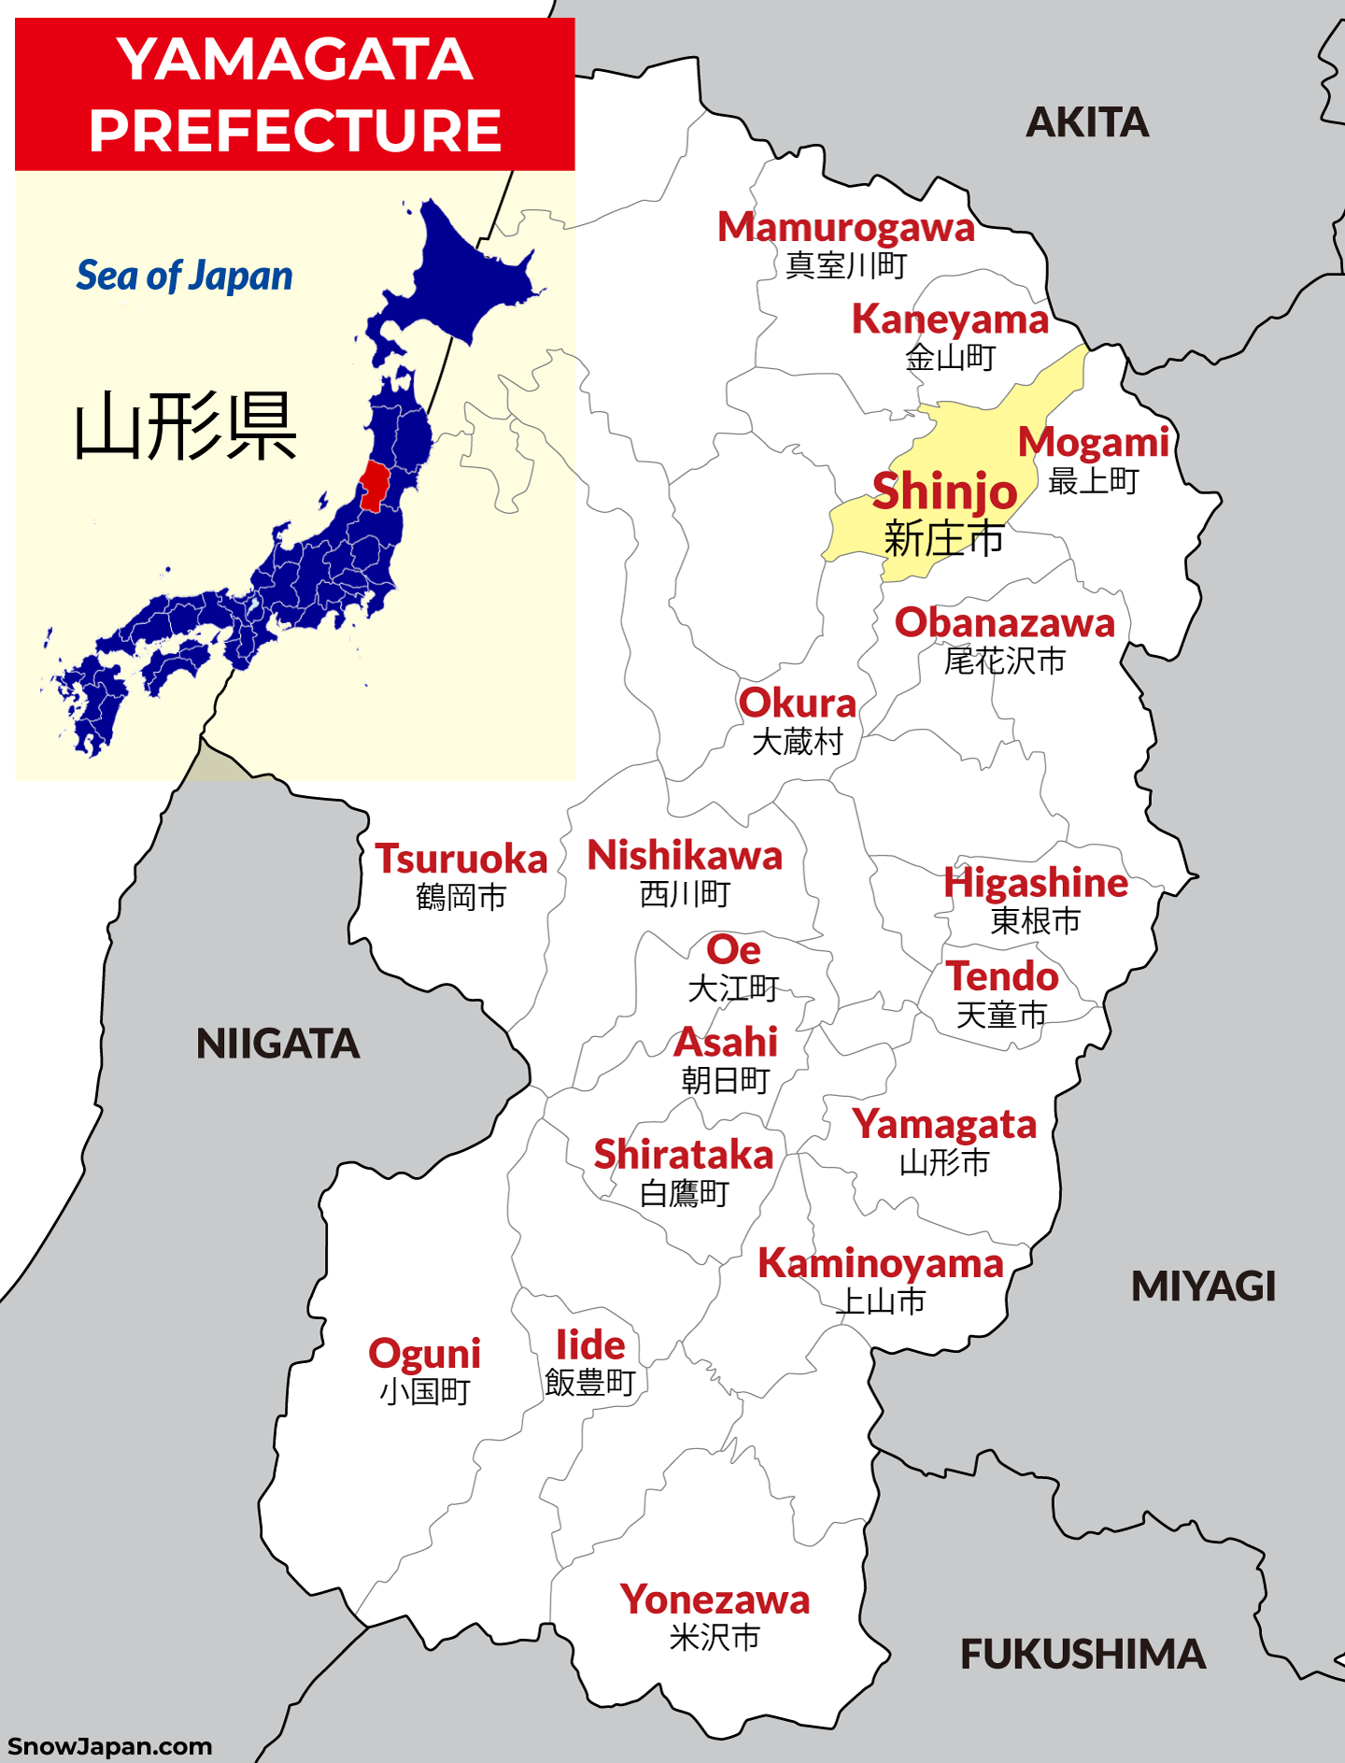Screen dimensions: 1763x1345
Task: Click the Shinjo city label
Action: [x=944, y=492]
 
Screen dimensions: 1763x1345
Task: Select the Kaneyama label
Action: [x=950, y=320]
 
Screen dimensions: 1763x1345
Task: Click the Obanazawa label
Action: [x=1005, y=623]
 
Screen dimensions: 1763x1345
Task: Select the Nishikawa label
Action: [x=685, y=856]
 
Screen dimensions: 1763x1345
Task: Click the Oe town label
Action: [x=733, y=951]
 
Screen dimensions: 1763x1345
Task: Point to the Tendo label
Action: [x=1002, y=977]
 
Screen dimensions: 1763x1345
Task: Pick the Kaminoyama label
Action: [x=880, y=1264]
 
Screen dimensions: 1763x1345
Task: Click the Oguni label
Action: [x=425, y=1354]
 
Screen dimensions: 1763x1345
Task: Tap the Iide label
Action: [x=590, y=1345]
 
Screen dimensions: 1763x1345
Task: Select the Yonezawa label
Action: [x=715, y=1600]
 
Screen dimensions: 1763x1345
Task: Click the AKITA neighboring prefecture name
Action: [x=1087, y=122]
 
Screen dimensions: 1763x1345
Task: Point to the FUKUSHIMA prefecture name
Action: [x=1083, y=1655]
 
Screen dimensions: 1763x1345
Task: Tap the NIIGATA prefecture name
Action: [x=277, y=1044]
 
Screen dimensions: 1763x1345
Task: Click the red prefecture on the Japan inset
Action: [x=375, y=484]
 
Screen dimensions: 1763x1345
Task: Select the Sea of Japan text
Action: [x=184, y=276]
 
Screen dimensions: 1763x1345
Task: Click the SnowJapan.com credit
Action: [x=109, y=1746]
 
